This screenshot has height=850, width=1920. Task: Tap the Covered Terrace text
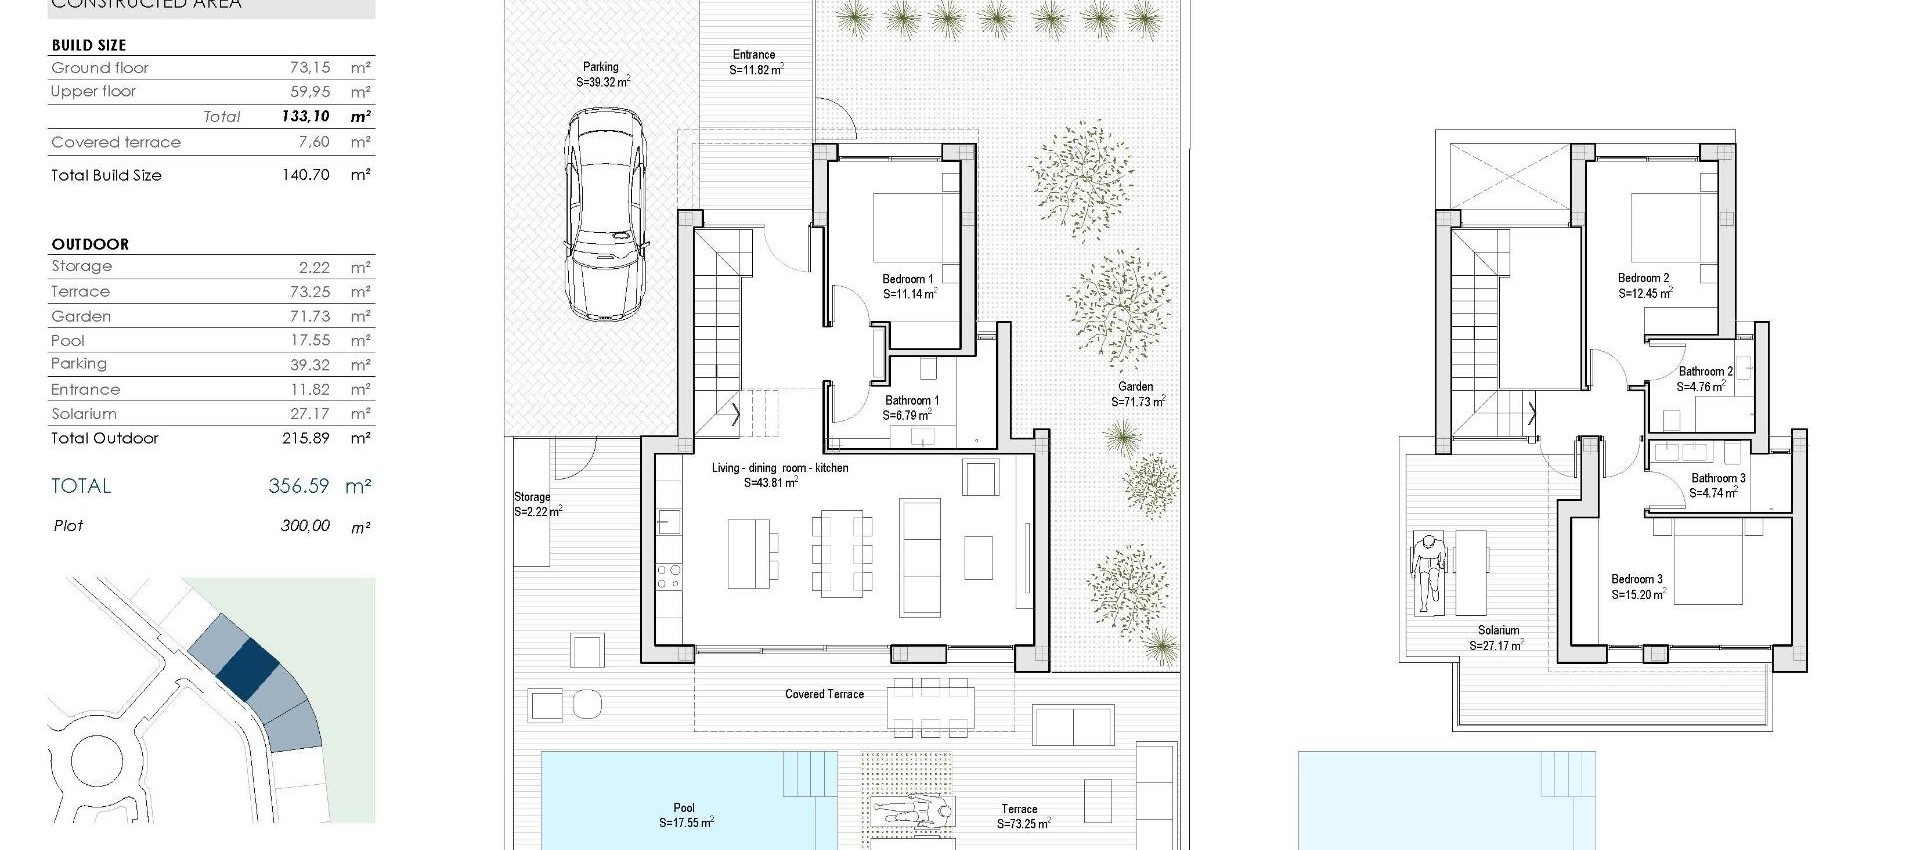(x=824, y=694)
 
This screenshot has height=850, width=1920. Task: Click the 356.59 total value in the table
(x=298, y=486)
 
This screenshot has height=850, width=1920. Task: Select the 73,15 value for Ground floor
(x=310, y=68)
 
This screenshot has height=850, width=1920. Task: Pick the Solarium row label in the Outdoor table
(x=84, y=414)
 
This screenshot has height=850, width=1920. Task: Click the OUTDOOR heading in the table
(x=90, y=244)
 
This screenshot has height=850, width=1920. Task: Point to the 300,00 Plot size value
(x=305, y=526)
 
